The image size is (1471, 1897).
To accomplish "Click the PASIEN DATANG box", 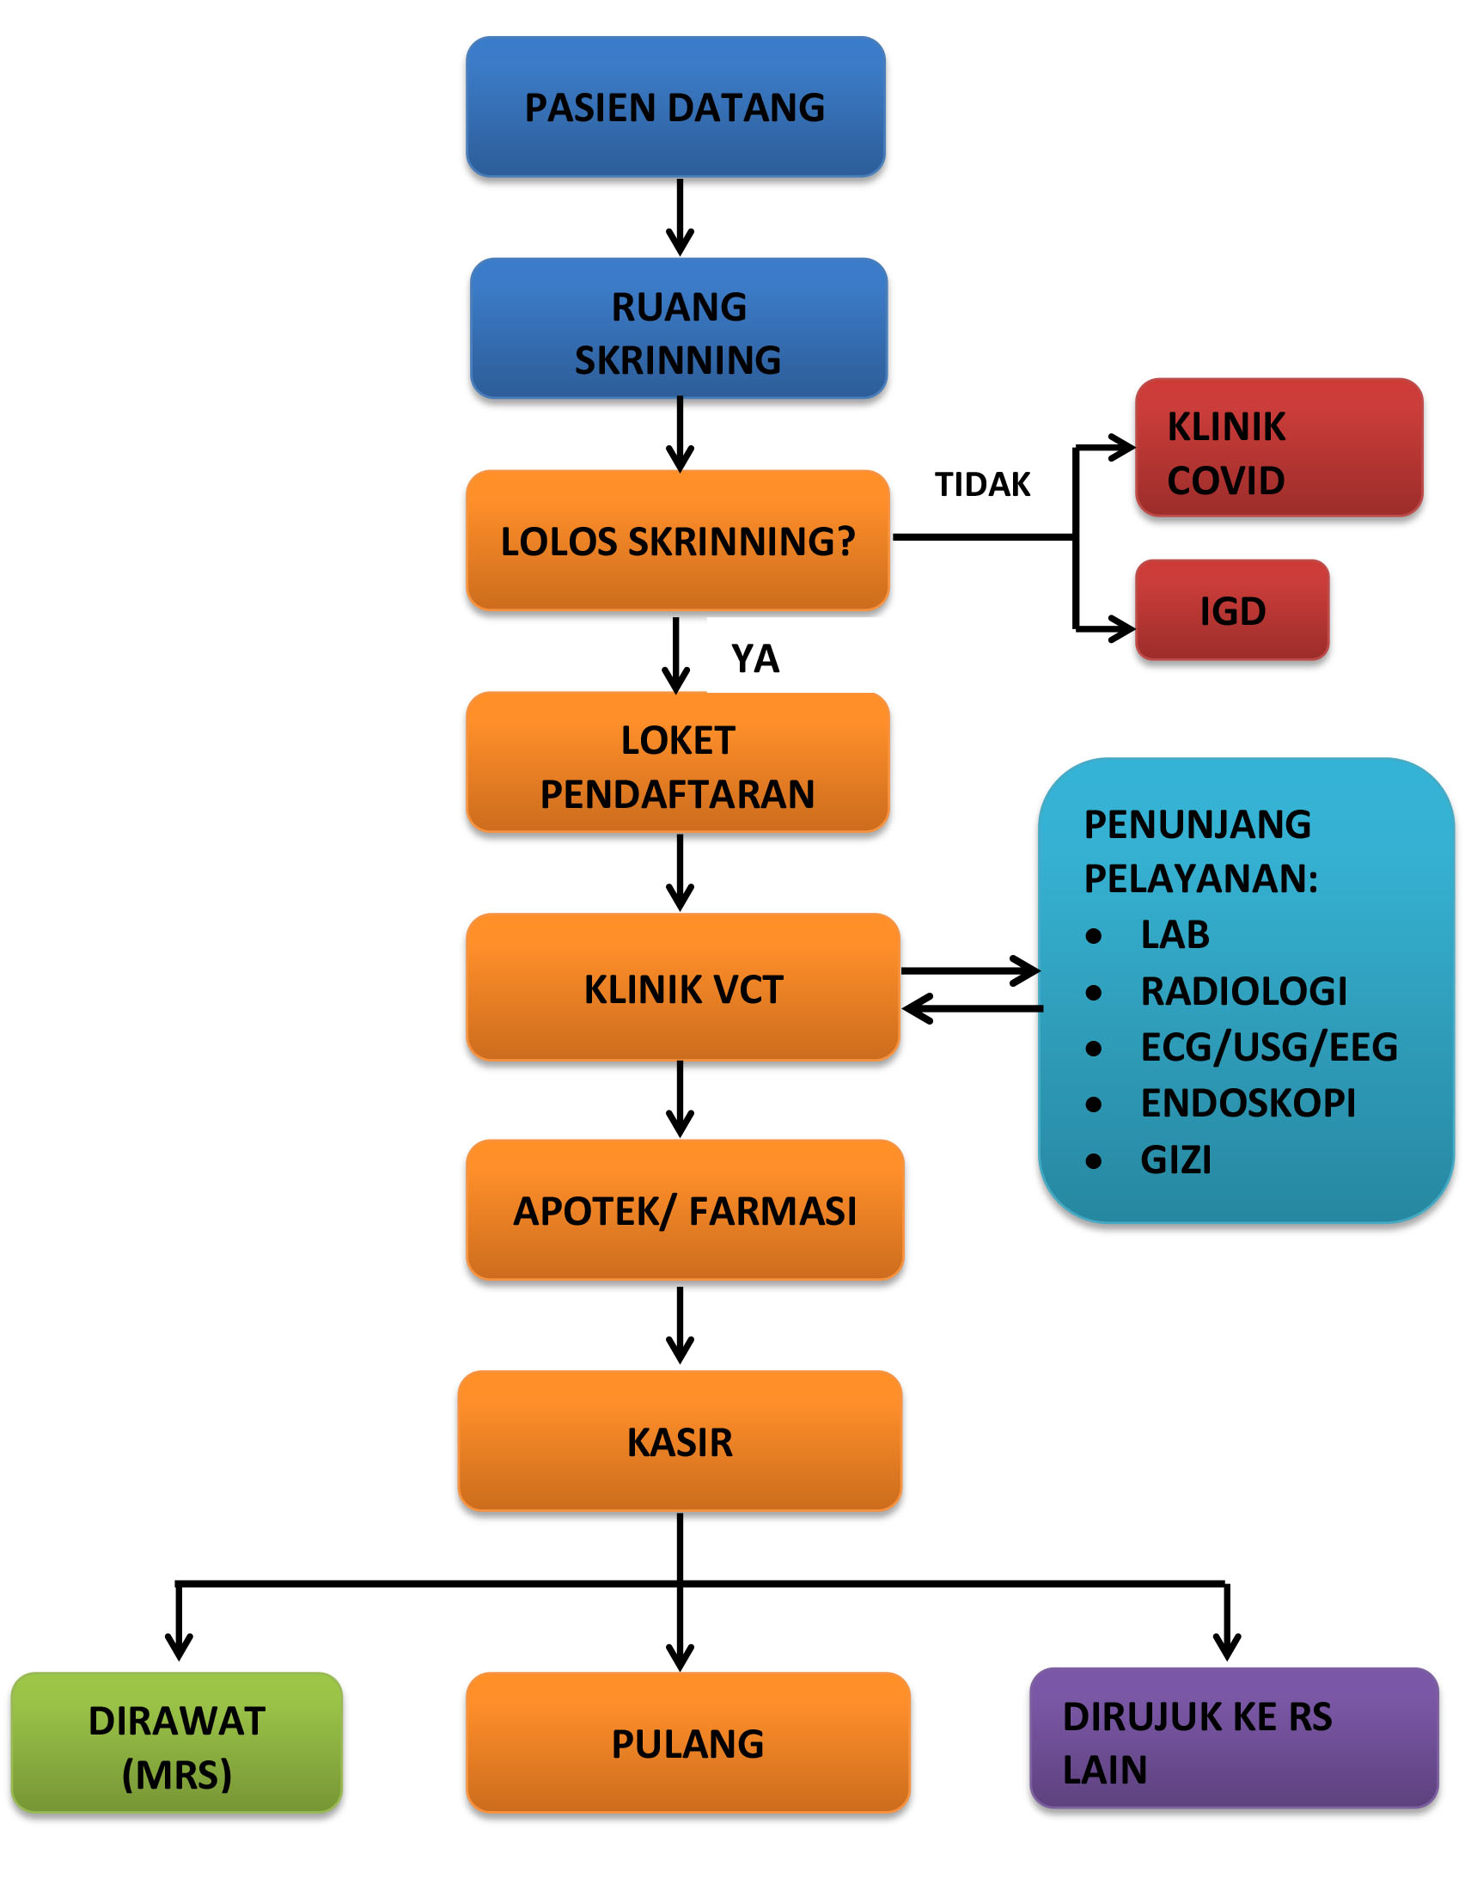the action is [x=675, y=107].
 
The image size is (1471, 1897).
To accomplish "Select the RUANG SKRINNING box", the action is [x=678, y=328].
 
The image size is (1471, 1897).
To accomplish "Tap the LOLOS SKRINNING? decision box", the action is [x=678, y=541].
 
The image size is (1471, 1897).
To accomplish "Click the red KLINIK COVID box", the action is [x=1279, y=447].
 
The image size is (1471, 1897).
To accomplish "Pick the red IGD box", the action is [x=1232, y=609].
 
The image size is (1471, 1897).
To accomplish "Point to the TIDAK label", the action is [x=982, y=485].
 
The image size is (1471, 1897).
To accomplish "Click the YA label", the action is [x=755, y=659].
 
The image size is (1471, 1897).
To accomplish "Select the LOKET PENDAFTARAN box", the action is [x=678, y=762].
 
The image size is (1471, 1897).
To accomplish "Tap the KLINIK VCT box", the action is [x=682, y=987].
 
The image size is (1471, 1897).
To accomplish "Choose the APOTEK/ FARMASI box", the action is [x=685, y=1210].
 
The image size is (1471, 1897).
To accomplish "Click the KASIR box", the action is [x=680, y=1441].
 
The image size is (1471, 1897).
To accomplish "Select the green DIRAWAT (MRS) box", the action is [x=176, y=1742].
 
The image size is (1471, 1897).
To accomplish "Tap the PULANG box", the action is [x=687, y=1742].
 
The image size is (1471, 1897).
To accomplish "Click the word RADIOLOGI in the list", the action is [x=1243, y=991].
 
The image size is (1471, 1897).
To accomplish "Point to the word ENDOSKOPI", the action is [x=1248, y=1103].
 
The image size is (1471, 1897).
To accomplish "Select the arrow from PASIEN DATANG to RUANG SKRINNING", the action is [x=680, y=217].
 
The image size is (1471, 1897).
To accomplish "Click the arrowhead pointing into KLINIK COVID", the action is [x=1121, y=448].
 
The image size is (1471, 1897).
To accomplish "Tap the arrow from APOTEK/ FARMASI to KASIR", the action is [x=680, y=1325].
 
